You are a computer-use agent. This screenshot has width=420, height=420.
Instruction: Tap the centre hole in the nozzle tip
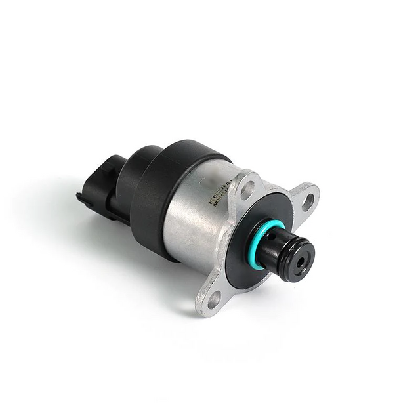(x=302, y=261)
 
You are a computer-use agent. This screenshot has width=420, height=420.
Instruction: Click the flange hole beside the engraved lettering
(x=247, y=190)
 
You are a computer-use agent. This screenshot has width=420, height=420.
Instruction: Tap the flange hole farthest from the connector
(x=307, y=201)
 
